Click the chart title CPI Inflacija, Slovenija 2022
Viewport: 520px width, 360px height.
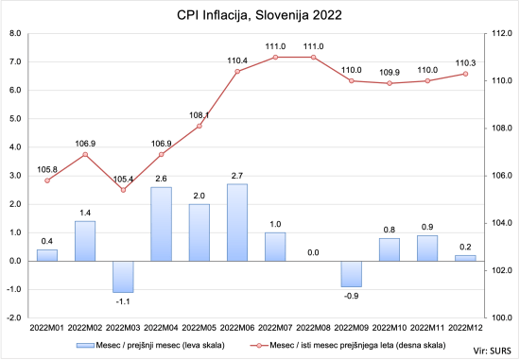pos(259,16)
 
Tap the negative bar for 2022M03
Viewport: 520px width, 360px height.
pos(123,276)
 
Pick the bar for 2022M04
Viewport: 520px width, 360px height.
pos(161,223)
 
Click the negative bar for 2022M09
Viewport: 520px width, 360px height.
pos(352,273)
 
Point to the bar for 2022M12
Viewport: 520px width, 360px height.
pos(465,258)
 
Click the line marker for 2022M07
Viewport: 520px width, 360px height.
pos(275,57)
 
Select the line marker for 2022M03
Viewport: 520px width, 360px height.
pos(123,190)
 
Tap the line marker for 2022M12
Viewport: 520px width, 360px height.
pos(465,74)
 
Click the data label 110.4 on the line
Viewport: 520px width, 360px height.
pos(237,60)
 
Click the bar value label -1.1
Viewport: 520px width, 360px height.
pos(123,300)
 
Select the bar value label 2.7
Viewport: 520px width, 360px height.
pos(237,176)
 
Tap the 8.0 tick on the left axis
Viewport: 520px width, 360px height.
pos(15,33)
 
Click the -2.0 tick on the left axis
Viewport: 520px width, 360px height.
pos(14,317)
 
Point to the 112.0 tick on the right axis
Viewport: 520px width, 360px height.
pos(501,33)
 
